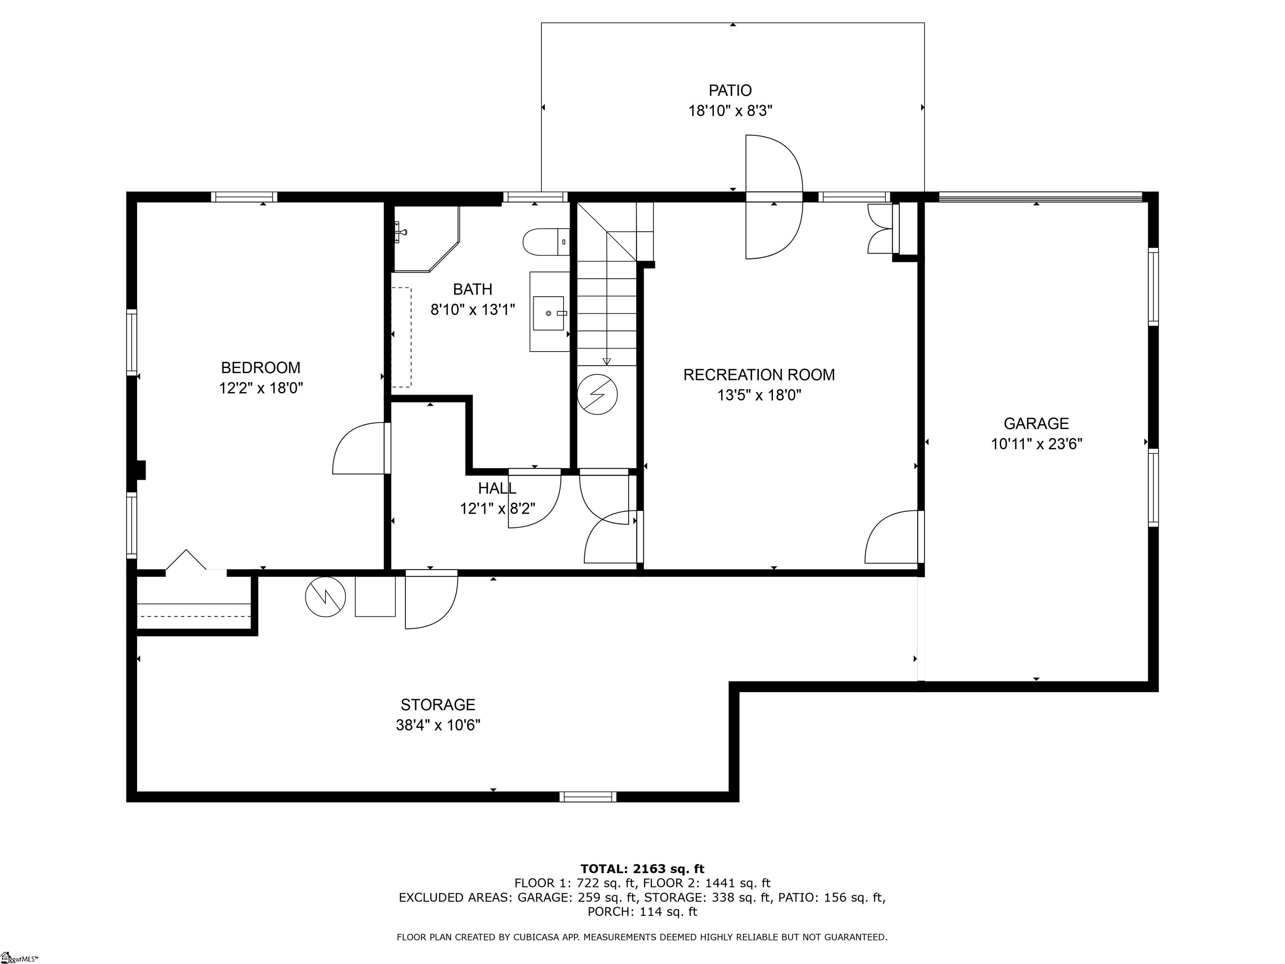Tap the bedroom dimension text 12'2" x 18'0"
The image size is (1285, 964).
261,388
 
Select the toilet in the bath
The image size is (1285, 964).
546,242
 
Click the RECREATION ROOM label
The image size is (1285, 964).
759,375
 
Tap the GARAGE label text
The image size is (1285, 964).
1037,423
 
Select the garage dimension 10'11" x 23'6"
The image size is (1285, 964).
1037,444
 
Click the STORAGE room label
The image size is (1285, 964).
438,705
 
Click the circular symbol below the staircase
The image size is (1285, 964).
597,395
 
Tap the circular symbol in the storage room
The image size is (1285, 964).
326,597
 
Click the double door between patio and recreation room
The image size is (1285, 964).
774,197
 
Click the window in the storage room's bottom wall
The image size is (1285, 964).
588,797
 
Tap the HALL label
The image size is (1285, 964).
497,488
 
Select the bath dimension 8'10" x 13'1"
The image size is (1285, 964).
473,310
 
